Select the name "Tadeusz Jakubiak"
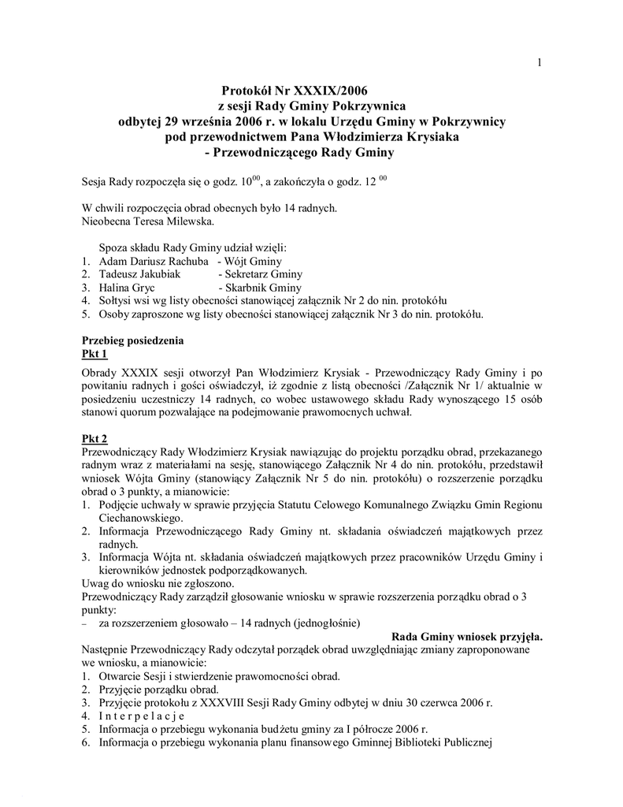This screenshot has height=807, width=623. click(x=140, y=274)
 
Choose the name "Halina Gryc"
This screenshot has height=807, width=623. click(x=126, y=288)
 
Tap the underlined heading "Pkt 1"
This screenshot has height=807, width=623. click(x=95, y=354)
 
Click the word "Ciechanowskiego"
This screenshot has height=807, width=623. click(x=140, y=518)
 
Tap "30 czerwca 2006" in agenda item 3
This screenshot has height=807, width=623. click(x=432, y=702)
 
